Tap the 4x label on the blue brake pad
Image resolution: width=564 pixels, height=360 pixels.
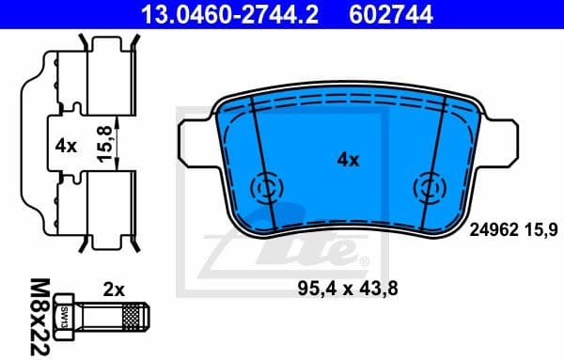coord(348,160)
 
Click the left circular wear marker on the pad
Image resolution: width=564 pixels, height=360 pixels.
coord(265,189)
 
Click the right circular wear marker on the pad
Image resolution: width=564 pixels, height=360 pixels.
coord(431,189)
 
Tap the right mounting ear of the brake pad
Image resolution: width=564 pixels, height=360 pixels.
coord(502,138)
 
